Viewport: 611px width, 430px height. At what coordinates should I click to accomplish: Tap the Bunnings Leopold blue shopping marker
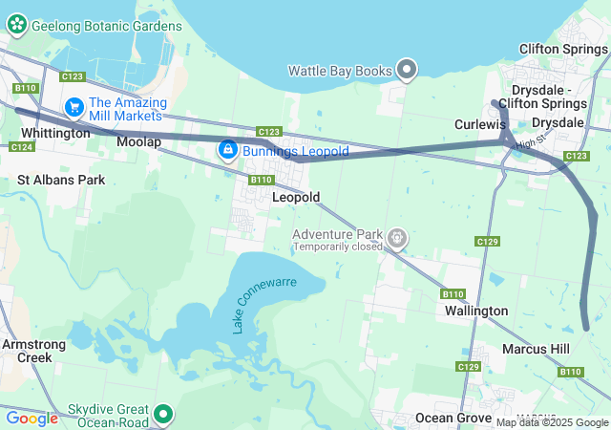click(x=228, y=150)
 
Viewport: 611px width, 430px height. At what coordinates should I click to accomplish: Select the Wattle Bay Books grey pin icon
click(x=408, y=69)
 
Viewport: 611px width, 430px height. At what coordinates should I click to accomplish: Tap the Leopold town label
click(x=295, y=197)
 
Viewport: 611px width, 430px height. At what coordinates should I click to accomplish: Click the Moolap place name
click(x=138, y=141)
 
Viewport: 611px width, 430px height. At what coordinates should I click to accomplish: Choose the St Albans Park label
click(x=60, y=179)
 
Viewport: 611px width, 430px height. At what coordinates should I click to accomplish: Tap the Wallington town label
click(x=476, y=311)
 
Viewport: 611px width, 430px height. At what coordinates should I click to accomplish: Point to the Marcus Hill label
click(x=536, y=349)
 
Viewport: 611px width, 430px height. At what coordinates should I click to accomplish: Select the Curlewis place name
click(x=479, y=124)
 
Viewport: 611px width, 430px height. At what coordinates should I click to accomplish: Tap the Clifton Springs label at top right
click(x=564, y=49)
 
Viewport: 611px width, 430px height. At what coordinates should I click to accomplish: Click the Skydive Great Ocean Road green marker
click(x=163, y=414)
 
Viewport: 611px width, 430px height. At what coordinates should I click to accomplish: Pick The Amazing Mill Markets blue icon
click(x=74, y=107)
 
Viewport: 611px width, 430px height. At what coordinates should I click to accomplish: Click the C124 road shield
click(x=20, y=146)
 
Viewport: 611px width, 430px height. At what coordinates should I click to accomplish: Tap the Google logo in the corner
click(x=32, y=418)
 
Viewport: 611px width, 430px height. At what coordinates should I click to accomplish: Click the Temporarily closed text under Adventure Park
click(x=337, y=247)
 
